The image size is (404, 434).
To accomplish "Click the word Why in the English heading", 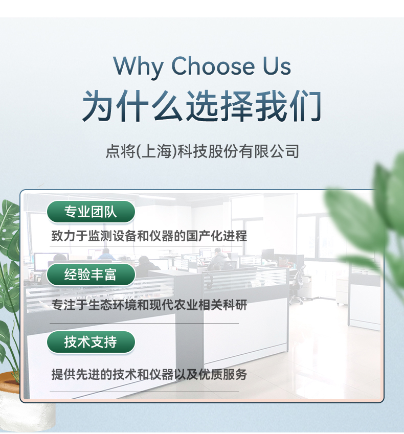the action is (x=138, y=66).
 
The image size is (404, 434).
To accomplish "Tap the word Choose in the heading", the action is (x=213, y=66).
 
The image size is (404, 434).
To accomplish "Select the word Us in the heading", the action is (x=277, y=66).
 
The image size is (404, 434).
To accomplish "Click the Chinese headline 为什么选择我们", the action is (x=202, y=106).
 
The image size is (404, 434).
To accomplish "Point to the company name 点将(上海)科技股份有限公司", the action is (x=202, y=151).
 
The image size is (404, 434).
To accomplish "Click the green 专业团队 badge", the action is (x=91, y=212).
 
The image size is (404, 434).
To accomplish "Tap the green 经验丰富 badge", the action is (x=91, y=275).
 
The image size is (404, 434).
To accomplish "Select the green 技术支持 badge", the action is (x=91, y=342).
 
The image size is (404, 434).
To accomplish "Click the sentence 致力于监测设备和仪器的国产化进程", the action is (x=149, y=236).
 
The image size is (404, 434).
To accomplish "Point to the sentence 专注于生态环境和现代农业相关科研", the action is (x=149, y=305).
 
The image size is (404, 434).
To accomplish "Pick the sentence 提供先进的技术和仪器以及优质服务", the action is (x=149, y=374).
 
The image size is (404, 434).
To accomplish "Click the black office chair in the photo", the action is (x=298, y=285).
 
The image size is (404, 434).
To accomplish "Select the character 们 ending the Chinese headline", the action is (x=306, y=106).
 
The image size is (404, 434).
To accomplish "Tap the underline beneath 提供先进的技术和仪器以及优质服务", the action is (x=144, y=392).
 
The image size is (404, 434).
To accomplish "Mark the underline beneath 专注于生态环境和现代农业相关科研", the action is (x=144, y=323).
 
